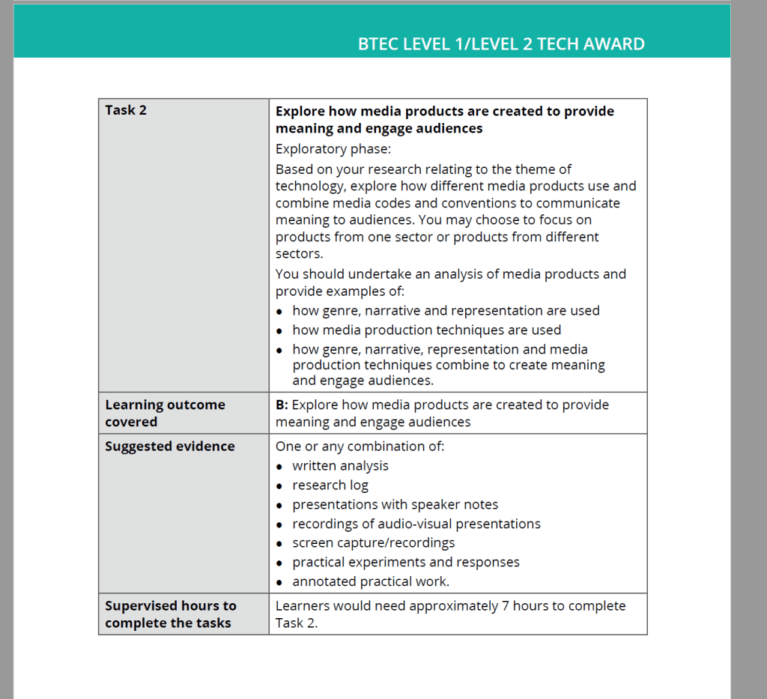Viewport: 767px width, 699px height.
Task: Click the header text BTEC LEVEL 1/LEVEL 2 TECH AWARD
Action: click(x=501, y=44)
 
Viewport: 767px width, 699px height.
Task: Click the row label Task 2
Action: click(x=126, y=110)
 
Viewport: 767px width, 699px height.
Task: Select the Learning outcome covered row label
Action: click(x=165, y=413)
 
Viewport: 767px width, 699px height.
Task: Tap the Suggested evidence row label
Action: click(x=169, y=447)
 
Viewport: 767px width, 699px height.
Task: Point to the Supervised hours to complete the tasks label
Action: click(x=170, y=614)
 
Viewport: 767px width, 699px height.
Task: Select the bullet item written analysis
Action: click(x=340, y=466)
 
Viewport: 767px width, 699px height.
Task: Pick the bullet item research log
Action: click(x=330, y=485)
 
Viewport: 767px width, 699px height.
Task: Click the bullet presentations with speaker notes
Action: click(x=395, y=505)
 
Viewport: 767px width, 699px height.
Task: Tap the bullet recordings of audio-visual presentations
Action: click(x=416, y=524)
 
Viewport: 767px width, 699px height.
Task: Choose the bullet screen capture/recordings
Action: click(x=373, y=543)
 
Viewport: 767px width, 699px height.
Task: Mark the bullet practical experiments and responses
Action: click(x=405, y=563)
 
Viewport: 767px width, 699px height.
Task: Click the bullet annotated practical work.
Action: click(x=371, y=582)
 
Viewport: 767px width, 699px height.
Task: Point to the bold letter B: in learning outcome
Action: click(x=282, y=405)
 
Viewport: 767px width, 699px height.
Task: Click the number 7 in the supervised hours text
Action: click(x=506, y=606)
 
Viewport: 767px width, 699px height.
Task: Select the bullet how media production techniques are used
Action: click(x=426, y=330)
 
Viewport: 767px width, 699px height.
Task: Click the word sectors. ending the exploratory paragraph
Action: click(x=299, y=253)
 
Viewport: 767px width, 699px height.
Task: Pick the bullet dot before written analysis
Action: click(x=279, y=467)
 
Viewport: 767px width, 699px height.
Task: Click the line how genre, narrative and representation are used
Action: click(x=446, y=311)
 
